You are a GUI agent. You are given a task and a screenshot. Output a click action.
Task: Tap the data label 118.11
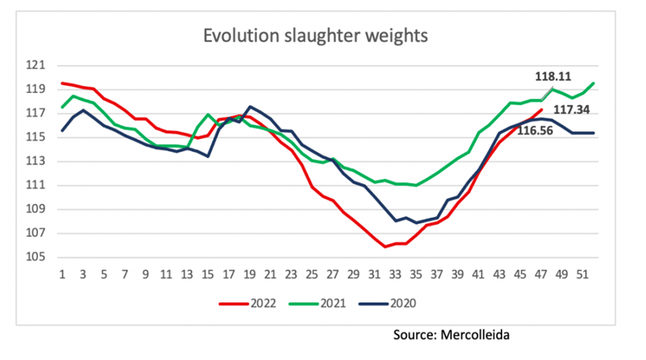pos(553,76)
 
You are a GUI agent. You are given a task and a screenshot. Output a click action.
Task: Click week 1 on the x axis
pos(62,274)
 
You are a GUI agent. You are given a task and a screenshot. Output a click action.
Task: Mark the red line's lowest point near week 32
pos(385,247)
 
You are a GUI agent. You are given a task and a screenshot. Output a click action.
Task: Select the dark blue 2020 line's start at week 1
pos(62,131)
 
